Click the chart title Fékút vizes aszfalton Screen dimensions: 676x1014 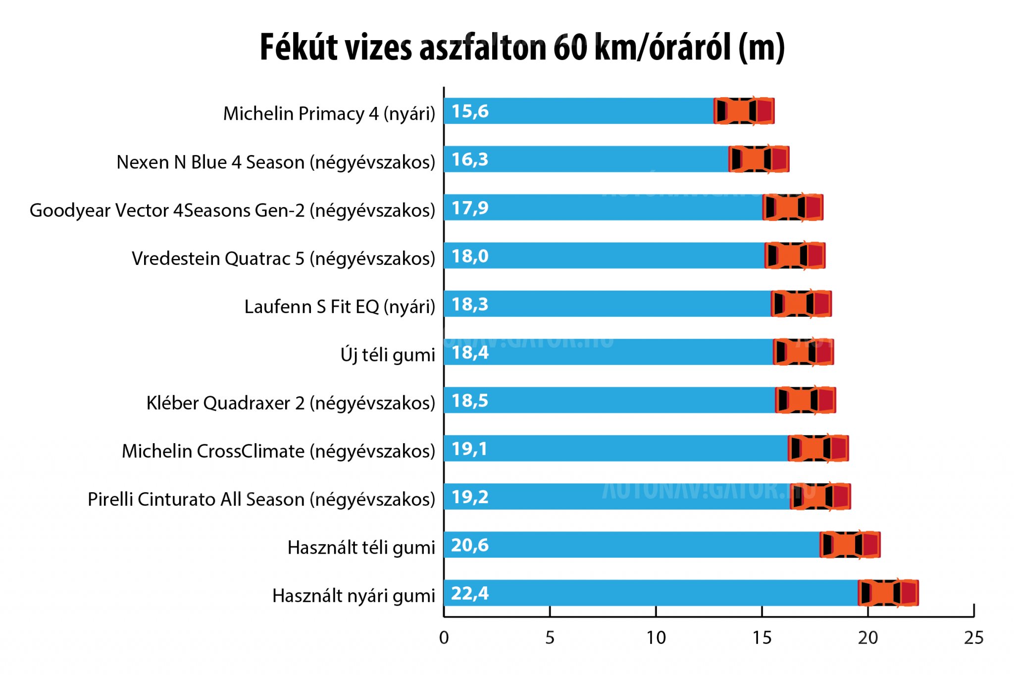pyautogui.click(x=522, y=48)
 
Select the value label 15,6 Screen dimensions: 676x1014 pyautogui.click(x=469, y=111)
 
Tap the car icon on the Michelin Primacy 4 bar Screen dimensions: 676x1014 pyautogui.click(x=744, y=111)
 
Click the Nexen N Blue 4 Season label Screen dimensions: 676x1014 pyautogui.click(x=276, y=162)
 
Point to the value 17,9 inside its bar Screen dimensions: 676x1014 pyautogui.click(x=469, y=208)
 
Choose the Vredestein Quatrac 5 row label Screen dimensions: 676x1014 pyautogui.click(x=283, y=259)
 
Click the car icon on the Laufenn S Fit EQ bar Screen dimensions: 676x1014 pyautogui.click(x=801, y=304)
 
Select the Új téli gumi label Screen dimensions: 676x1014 pyautogui.click(x=388, y=355)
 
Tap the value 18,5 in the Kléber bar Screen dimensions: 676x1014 pyautogui.click(x=469, y=401)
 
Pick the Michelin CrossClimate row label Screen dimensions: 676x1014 pyautogui.click(x=278, y=451)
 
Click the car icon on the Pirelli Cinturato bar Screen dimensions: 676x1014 pyautogui.click(x=820, y=496)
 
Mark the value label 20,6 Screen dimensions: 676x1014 pyautogui.click(x=469, y=545)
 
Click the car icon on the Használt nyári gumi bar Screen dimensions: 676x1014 pyautogui.click(x=888, y=593)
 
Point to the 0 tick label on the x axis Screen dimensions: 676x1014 pyautogui.click(x=444, y=638)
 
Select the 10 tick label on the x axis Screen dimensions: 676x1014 pyautogui.click(x=656, y=638)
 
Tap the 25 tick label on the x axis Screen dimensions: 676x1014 pyautogui.click(x=973, y=638)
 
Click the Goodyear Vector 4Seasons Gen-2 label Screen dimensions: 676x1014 pyautogui.click(x=232, y=210)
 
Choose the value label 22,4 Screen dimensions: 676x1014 pyautogui.click(x=469, y=593)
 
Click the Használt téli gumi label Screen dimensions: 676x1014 pyautogui.click(x=361, y=548)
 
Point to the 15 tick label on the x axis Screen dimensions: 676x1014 pyautogui.click(x=761, y=638)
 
